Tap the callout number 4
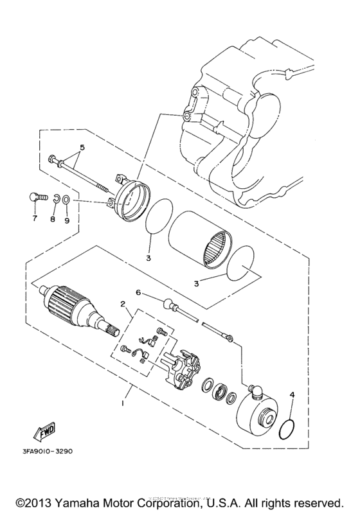pos(291,394)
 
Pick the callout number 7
pos(35,219)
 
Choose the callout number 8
pos(54,219)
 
